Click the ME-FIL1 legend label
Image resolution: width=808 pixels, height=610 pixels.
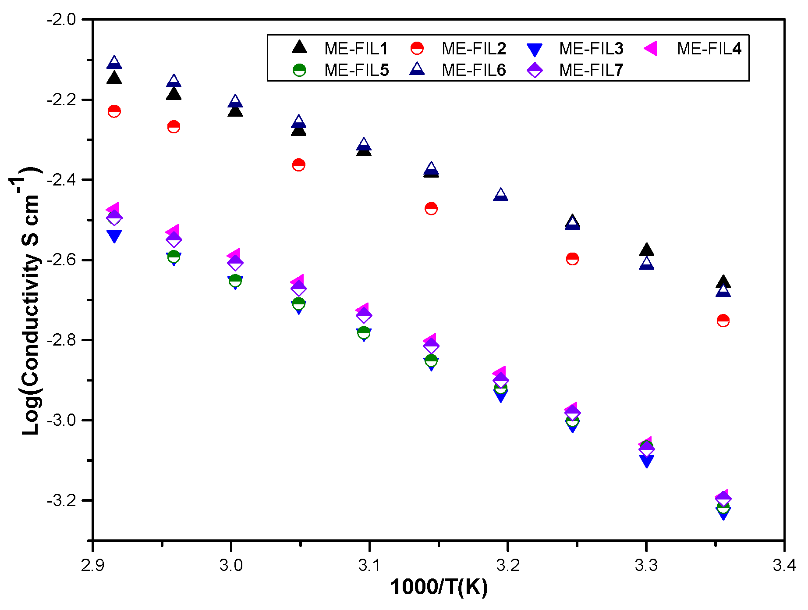(x=356, y=48)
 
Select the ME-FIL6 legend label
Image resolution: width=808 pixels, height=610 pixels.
(x=474, y=70)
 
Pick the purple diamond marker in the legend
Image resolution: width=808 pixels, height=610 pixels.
(x=535, y=70)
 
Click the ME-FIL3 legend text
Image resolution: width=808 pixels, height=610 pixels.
(x=591, y=48)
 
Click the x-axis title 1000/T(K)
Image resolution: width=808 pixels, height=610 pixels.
(x=439, y=587)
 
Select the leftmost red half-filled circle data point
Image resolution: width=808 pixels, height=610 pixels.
(x=114, y=111)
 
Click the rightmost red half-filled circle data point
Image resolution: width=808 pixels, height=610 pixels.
(x=723, y=321)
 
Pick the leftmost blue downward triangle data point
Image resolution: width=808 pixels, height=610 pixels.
(x=114, y=236)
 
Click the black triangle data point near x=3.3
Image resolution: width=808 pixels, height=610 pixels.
(x=646, y=250)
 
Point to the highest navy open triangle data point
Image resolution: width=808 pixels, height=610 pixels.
(x=114, y=62)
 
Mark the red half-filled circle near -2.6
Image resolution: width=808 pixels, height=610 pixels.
(x=572, y=259)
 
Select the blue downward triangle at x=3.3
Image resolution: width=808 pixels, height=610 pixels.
(x=646, y=461)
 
